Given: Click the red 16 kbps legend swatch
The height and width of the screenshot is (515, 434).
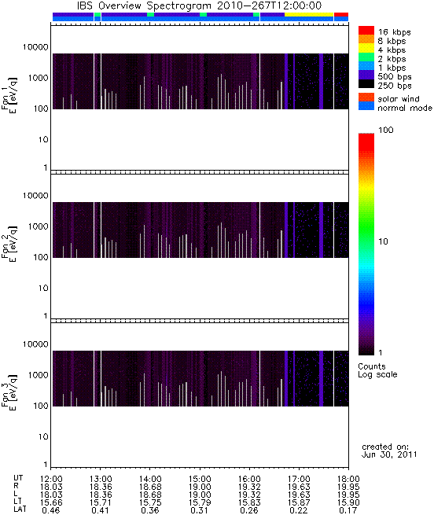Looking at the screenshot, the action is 366,30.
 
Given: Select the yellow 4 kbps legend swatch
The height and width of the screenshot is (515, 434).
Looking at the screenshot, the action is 366,48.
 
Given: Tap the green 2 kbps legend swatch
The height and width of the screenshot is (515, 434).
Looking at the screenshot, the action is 366,57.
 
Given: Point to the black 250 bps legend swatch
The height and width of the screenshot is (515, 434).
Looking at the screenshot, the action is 366,84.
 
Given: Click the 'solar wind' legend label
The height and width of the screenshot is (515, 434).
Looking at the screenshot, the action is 399,99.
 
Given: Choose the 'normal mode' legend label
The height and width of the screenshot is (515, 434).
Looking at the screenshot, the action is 405,108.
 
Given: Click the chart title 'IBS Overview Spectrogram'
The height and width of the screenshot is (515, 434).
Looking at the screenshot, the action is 144,6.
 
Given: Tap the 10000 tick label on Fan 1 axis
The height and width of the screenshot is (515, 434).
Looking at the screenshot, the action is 35,47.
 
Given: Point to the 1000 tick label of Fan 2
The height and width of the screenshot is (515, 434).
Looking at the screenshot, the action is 39,226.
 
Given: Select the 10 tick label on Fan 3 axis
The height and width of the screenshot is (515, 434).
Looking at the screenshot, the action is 43,437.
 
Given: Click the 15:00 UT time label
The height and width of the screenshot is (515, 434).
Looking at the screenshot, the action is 200,479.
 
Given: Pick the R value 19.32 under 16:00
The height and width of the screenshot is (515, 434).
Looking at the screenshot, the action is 250,487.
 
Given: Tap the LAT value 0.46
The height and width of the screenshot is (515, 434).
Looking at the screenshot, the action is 51,511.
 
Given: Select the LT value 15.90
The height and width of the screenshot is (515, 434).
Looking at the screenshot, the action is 348,503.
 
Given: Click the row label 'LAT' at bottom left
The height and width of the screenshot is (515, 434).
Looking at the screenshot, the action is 20,509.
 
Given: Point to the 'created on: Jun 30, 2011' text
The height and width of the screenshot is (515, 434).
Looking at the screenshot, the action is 389,451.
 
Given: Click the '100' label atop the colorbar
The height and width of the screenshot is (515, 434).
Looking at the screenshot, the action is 386,130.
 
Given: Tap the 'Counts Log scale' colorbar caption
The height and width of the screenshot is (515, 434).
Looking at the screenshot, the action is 377,370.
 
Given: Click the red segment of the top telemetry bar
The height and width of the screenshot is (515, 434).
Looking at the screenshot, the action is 341,14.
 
